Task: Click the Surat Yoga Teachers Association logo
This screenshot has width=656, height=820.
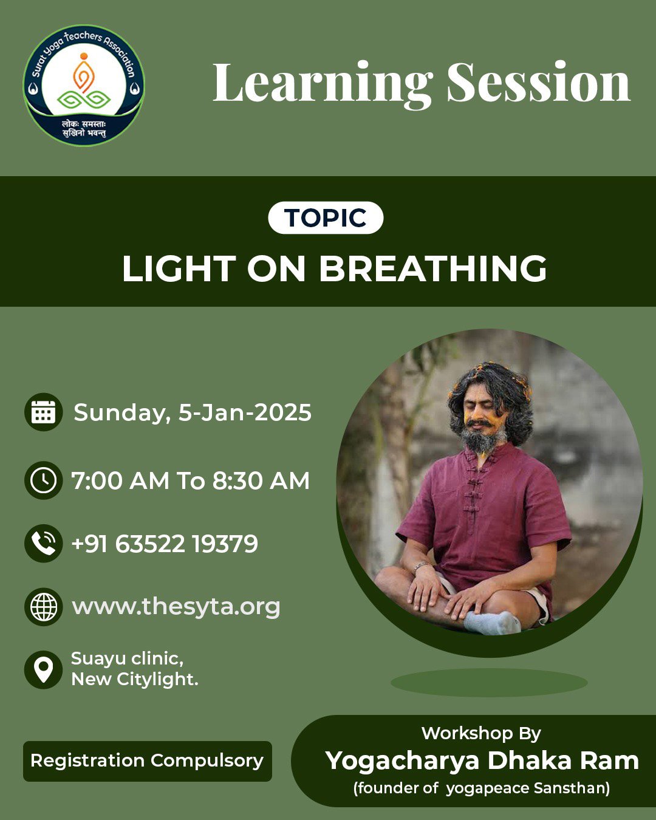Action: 84,86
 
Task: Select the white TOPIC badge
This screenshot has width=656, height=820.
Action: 326,217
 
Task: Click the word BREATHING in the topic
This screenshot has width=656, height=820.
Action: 432,268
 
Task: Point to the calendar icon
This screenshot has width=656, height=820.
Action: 44,412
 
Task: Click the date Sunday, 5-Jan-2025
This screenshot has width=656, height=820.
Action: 193,412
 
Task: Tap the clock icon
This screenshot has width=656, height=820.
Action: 44,480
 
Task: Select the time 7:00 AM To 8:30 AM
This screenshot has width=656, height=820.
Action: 190,480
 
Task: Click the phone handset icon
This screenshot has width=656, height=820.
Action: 44,544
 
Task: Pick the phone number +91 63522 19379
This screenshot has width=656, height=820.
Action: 165,544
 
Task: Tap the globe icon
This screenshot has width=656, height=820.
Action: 44,607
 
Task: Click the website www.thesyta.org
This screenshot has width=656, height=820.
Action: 176,607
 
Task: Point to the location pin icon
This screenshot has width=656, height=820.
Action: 44,670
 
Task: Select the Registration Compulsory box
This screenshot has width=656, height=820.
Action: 148,761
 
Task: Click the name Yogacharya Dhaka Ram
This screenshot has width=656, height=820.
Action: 482,760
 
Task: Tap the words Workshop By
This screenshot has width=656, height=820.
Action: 481,733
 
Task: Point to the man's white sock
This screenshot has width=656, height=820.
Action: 492,623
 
